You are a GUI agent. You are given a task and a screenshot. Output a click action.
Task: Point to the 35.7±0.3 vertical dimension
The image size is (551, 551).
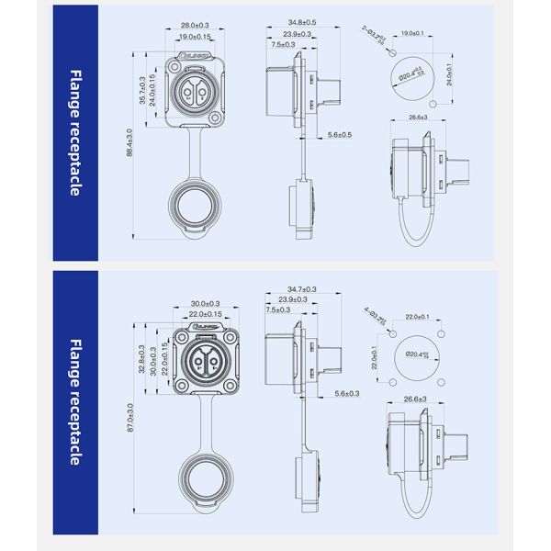pos(141,90)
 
